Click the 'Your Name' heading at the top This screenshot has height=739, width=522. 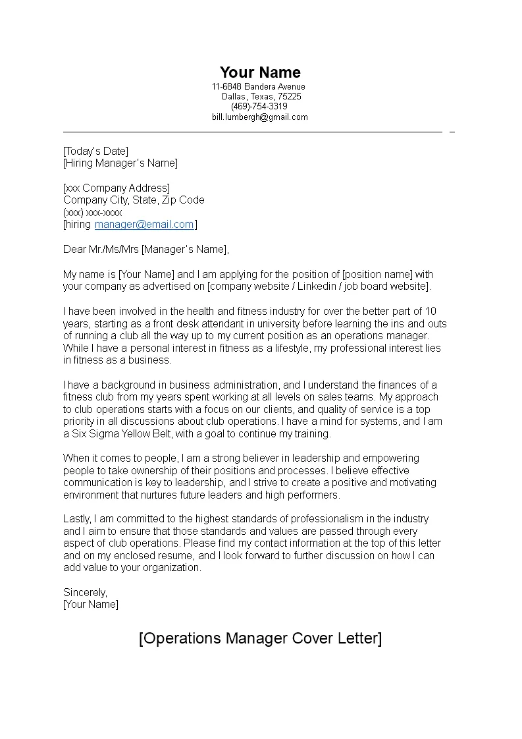click(x=260, y=72)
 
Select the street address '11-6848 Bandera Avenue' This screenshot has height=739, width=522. click(x=259, y=87)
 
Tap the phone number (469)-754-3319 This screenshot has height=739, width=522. click(x=259, y=107)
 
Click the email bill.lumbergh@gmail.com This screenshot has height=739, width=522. click(x=259, y=117)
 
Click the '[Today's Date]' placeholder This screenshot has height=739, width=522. click(x=96, y=151)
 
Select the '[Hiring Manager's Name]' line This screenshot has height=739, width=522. click(x=120, y=163)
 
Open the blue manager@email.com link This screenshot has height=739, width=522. click(x=144, y=224)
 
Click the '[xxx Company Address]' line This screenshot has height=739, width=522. click(x=117, y=188)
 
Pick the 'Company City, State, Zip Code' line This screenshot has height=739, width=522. click(x=134, y=200)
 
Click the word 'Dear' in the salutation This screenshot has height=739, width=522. click(x=75, y=249)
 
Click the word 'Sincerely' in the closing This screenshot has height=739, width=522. click(x=85, y=592)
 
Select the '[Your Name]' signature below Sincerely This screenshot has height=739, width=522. click(x=91, y=604)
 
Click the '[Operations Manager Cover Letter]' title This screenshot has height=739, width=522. click(x=260, y=639)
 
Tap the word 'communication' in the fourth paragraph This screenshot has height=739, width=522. click(x=94, y=483)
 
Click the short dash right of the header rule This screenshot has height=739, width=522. click(x=452, y=132)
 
